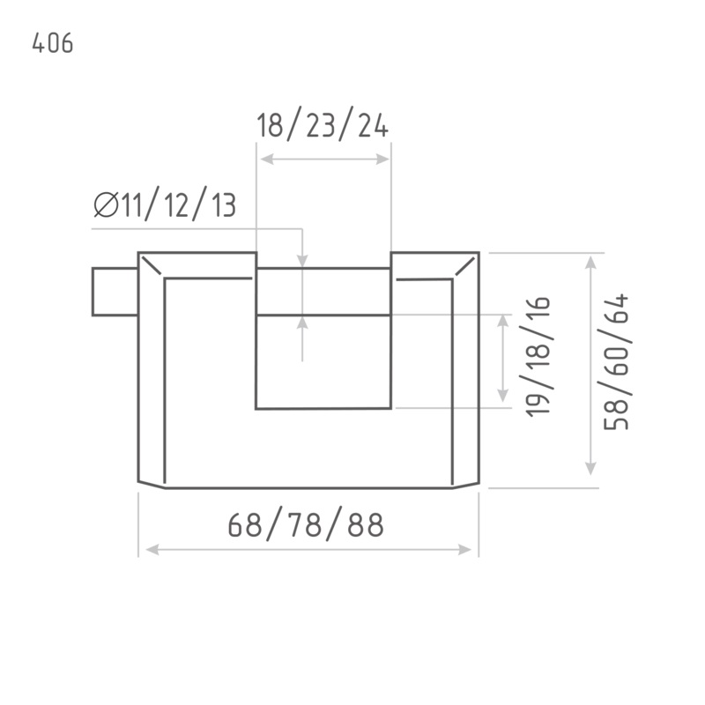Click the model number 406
53,43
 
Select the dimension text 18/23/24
323,124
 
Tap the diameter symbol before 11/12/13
106,204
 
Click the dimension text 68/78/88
306,523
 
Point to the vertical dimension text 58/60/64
616,362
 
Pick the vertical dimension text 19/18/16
538,357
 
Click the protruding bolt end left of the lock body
115,292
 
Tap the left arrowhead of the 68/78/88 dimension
152,549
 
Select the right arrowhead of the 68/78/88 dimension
465,549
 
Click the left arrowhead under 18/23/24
267,160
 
